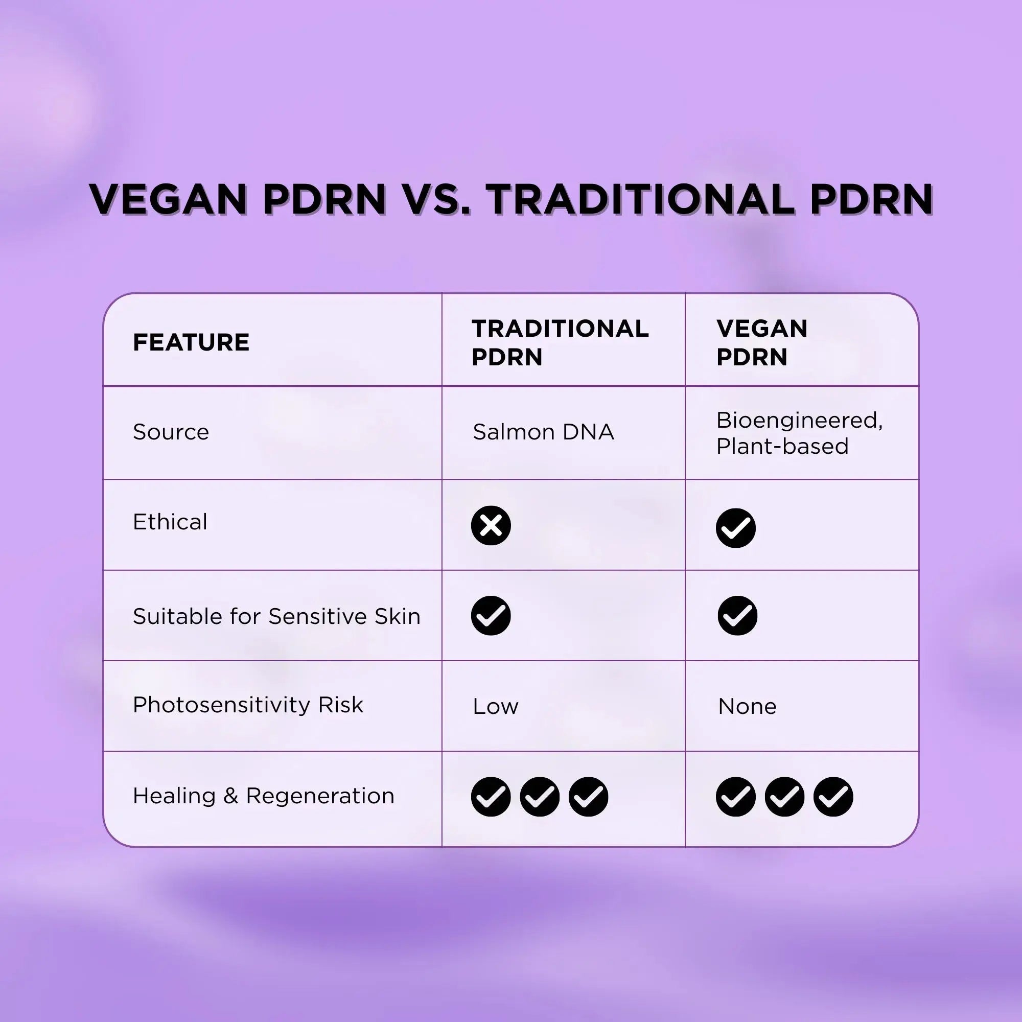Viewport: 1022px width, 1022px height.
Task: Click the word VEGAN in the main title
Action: [x=168, y=199]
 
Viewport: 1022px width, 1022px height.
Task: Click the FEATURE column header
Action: [x=191, y=342]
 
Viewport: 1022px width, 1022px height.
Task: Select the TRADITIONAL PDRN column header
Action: [x=560, y=342]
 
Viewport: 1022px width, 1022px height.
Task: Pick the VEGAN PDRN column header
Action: [x=762, y=342]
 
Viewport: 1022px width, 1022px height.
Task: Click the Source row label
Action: [x=171, y=432]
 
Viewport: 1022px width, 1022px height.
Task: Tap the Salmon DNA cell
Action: [x=543, y=432]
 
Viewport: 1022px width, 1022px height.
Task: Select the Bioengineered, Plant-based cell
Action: [x=799, y=433]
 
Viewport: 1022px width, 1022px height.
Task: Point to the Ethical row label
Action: [x=170, y=522]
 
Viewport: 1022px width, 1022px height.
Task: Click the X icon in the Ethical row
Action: [x=491, y=526]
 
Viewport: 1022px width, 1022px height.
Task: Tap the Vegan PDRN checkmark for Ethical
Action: [x=736, y=528]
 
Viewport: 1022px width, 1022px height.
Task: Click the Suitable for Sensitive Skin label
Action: [x=276, y=616]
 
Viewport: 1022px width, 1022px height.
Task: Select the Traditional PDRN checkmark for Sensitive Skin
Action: [x=491, y=616]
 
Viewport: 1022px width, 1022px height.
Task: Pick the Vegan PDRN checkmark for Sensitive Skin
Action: [x=737, y=616]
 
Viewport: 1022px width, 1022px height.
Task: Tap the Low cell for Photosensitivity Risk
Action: [x=496, y=706]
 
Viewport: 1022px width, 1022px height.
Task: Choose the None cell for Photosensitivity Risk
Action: [x=747, y=706]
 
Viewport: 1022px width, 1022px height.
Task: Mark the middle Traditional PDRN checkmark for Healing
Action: [x=540, y=797]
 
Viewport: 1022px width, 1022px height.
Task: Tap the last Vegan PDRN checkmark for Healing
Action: [x=833, y=797]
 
